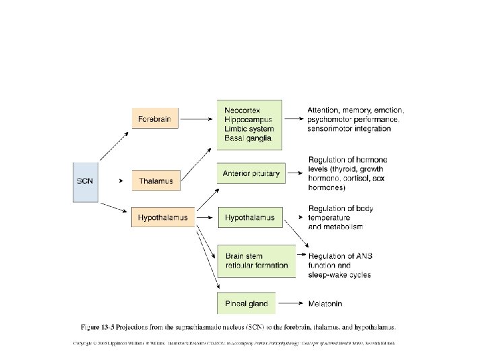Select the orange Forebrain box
tap(156, 119)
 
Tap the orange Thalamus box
tap(156, 181)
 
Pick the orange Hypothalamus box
tap(163, 218)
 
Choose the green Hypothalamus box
tap(250, 218)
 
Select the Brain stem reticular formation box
tap(256, 261)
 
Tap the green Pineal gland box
tap(247, 304)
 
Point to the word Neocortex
tap(243, 110)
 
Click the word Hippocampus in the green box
tap(249, 119)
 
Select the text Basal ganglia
tap(248, 138)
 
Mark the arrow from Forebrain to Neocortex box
tap(198, 119)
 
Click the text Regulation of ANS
tap(340, 256)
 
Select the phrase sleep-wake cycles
tap(339, 275)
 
